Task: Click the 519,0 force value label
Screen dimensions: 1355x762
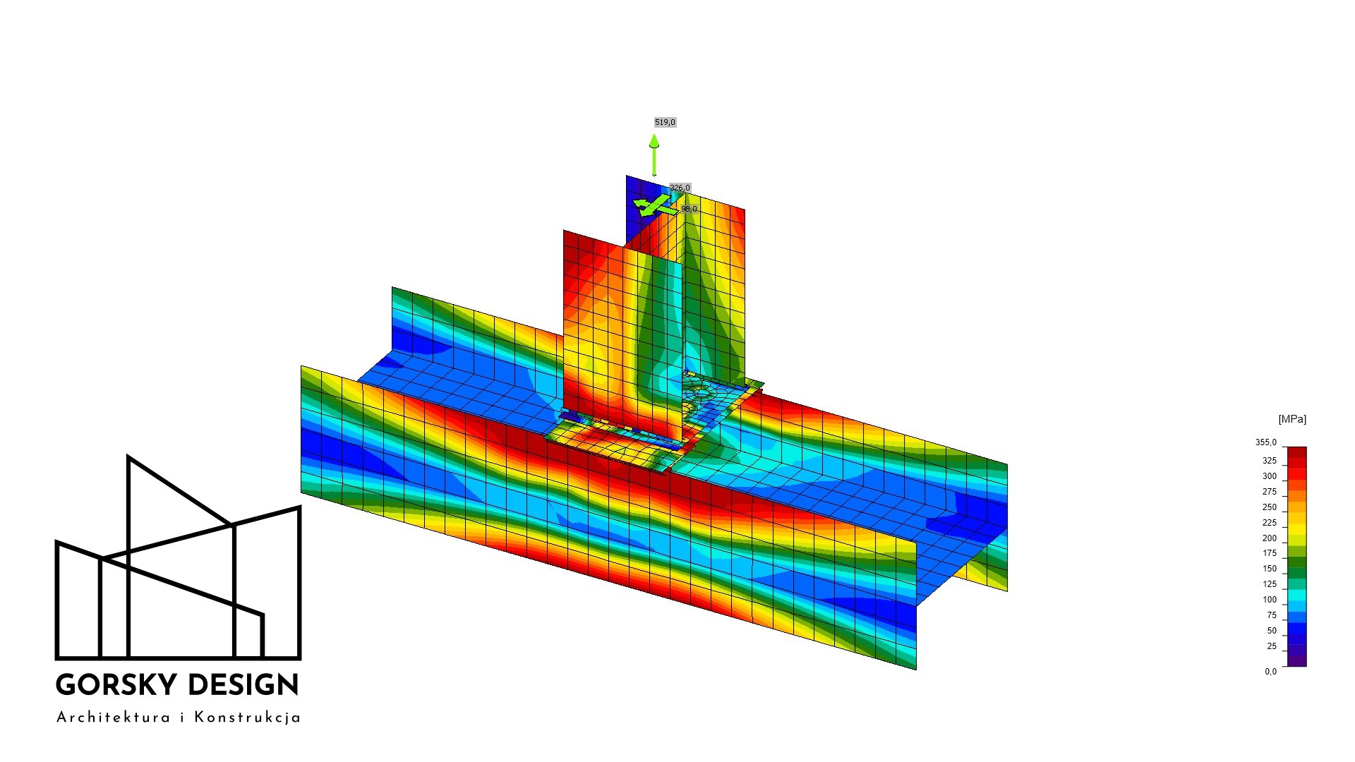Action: tap(665, 122)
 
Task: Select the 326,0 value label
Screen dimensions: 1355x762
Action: tap(680, 188)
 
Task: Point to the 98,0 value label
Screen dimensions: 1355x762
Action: tap(689, 209)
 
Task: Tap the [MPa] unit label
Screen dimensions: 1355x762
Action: tap(1292, 419)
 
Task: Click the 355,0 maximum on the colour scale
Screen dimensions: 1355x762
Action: tap(1266, 442)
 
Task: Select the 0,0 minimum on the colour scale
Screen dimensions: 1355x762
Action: tap(1270, 671)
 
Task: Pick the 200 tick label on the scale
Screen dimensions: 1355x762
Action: tap(1270, 538)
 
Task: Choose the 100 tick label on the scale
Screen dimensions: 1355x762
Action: tap(1270, 600)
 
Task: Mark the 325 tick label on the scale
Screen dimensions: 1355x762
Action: tap(1270, 461)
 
